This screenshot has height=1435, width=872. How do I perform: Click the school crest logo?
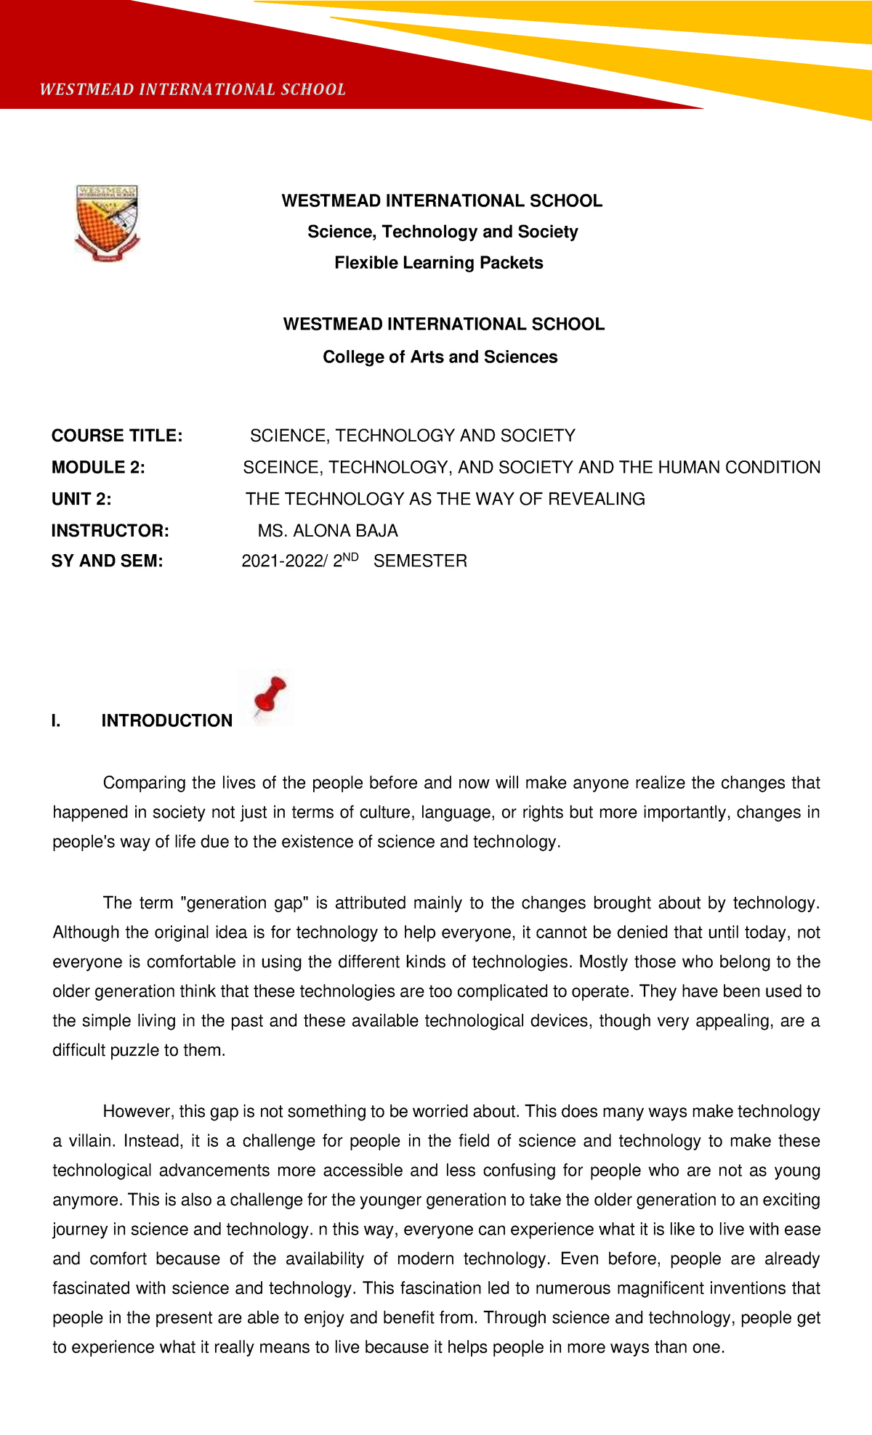107,222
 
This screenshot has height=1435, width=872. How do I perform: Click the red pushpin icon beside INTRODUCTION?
268,699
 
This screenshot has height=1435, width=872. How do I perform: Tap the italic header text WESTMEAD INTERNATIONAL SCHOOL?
193,89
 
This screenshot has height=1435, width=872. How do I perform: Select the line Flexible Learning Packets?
438,263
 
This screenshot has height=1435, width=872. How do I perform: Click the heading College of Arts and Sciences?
440,357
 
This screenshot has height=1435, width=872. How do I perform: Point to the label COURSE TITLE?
117,436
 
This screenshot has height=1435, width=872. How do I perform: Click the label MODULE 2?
98,468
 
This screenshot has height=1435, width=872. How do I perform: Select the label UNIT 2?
81,499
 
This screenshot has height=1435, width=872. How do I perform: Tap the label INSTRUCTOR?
110,531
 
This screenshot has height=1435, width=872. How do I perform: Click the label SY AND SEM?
107,561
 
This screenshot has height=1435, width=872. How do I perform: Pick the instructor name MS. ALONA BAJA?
328,531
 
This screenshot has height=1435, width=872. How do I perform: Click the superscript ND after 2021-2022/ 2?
351,557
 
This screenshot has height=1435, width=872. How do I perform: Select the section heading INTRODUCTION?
167,720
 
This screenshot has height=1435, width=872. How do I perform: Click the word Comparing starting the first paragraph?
145,783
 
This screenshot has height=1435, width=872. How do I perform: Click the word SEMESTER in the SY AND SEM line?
420,561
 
